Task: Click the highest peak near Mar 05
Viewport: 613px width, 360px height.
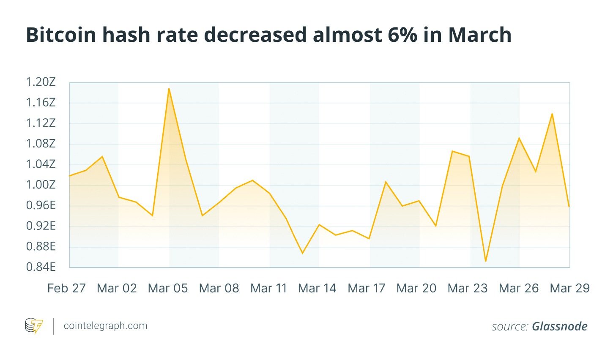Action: pyautogui.click(x=169, y=89)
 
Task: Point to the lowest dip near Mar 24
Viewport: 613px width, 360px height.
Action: pyautogui.click(x=486, y=261)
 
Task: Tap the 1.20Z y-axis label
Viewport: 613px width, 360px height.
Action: pyautogui.click(x=41, y=82)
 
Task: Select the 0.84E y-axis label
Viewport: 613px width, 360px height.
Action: pyautogui.click(x=41, y=267)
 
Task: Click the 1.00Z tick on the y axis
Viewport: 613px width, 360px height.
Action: pyautogui.click(x=41, y=185)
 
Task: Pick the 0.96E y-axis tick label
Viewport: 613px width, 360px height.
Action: pyautogui.click(x=41, y=205)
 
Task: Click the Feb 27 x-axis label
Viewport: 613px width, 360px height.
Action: pyautogui.click(x=66, y=289)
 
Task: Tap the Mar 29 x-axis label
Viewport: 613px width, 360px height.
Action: pyautogui.click(x=569, y=289)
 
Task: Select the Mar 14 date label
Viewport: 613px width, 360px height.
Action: pyautogui.click(x=317, y=289)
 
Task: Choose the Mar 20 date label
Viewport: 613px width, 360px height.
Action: pyautogui.click(x=416, y=289)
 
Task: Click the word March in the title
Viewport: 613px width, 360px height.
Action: pyautogui.click(x=480, y=35)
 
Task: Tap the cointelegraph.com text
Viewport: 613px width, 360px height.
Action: pyautogui.click(x=105, y=326)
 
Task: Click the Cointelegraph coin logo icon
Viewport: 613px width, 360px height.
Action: pyautogui.click(x=34, y=326)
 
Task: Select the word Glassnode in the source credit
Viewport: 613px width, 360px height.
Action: pyautogui.click(x=560, y=326)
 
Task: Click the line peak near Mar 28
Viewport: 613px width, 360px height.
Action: pyautogui.click(x=552, y=114)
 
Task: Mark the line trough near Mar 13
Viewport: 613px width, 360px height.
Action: pyautogui.click(x=302, y=253)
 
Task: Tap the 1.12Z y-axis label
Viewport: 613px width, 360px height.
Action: pyautogui.click(x=41, y=123)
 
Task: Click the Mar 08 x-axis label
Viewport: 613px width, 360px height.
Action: pyautogui.click(x=219, y=289)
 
